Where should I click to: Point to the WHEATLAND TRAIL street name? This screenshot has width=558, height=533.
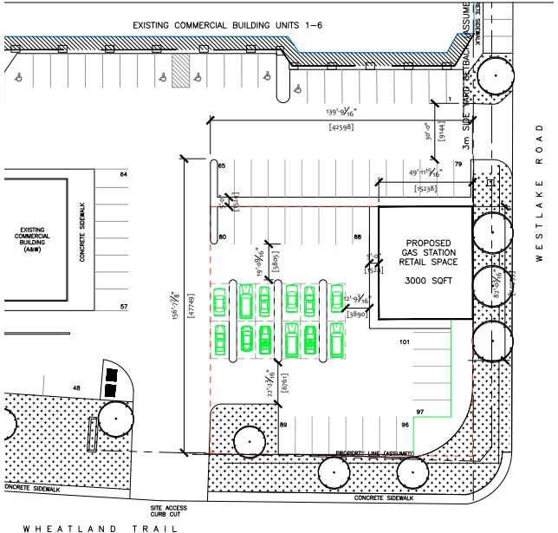click(x=101, y=527)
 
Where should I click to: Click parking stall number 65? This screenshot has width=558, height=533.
click(x=222, y=166)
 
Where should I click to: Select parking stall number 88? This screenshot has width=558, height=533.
click(x=356, y=237)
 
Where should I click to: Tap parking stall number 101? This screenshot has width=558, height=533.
click(x=403, y=342)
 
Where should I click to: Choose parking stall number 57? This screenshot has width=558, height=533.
click(x=124, y=307)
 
